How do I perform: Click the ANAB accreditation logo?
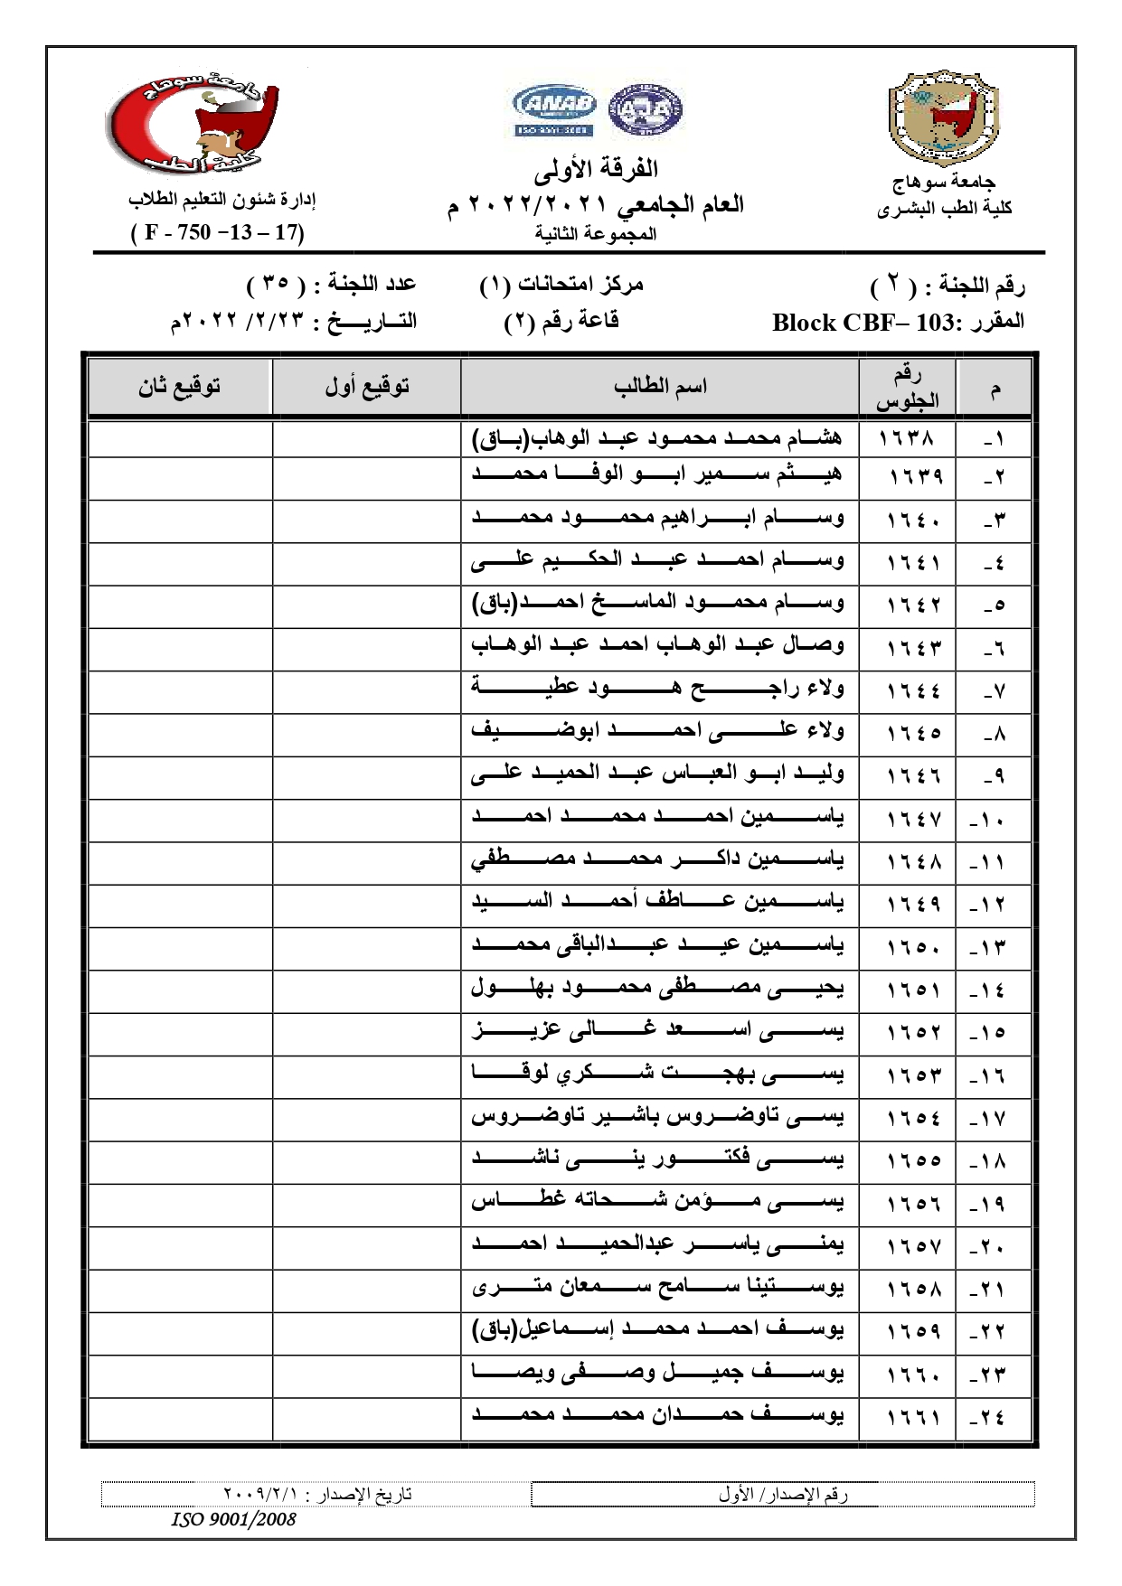[554, 109]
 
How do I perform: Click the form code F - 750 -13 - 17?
[218, 232]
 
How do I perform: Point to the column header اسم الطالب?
[660, 387]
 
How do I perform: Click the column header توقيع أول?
[367, 387]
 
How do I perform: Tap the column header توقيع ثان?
[180, 387]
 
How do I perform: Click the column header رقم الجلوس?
[907, 388]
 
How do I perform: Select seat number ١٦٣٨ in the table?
[907, 438]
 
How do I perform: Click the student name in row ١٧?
[657, 1118]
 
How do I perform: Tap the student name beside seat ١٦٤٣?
[657, 645]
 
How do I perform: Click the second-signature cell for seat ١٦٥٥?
[180, 1160]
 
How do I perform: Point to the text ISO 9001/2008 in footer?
[233, 1519]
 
